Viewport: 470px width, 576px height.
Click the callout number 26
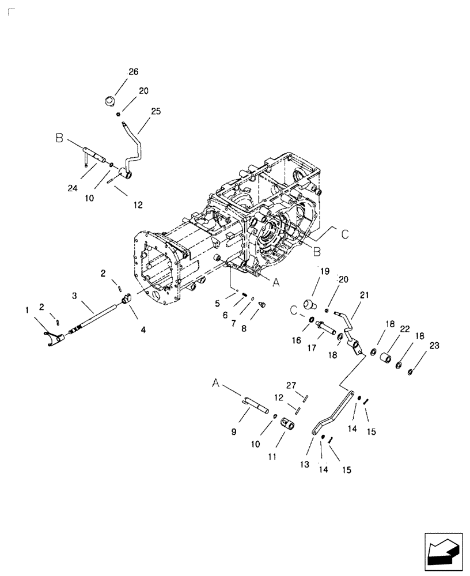tap(133, 72)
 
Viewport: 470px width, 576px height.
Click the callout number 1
tap(27, 310)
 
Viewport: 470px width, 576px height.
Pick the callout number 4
tap(142, 330)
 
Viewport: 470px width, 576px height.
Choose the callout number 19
tap(325, 271)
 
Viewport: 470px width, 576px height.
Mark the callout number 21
tap(363, 295)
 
